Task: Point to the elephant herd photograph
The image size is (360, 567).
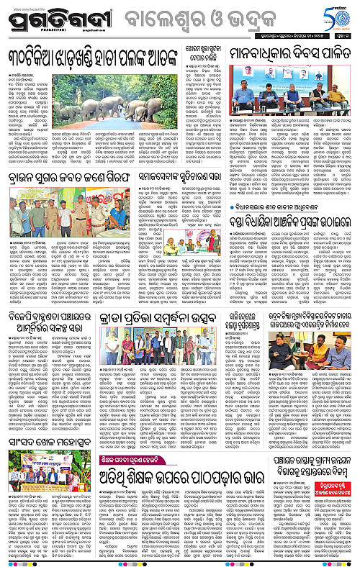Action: pyautogui.click(x=127, y=106)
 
